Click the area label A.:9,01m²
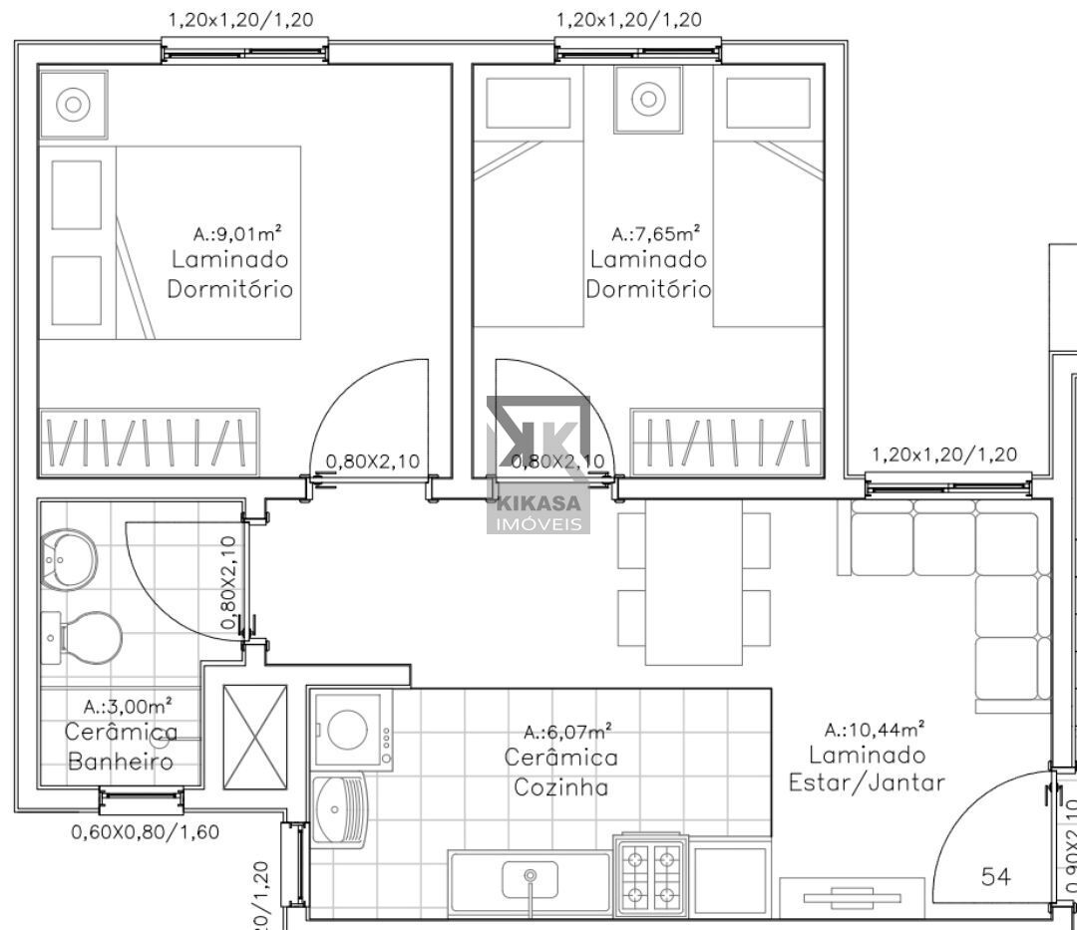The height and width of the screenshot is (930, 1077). tap(236, 234)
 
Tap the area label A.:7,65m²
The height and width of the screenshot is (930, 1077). tap(654, 234)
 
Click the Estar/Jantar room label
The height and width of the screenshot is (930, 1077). tap(866, 782)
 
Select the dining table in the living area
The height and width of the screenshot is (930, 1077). tap(694, 581)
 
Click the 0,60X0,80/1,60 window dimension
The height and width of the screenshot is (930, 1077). tap(145, 830)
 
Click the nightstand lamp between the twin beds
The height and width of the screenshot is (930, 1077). tap(648, 99)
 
